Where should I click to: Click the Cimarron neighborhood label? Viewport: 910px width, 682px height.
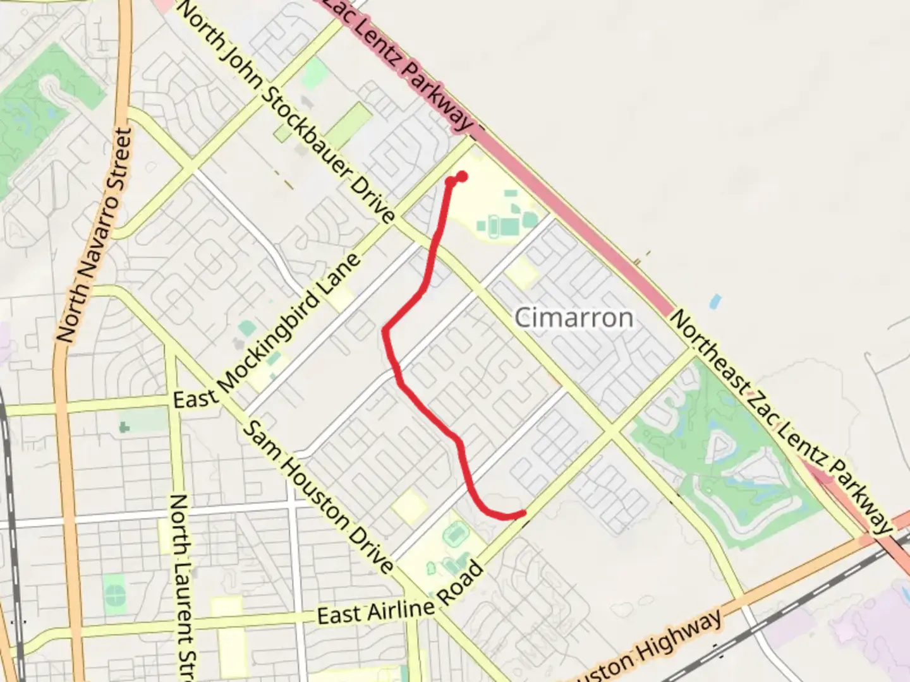[x=574, y=317]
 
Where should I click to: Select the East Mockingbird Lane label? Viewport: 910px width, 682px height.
[x=268, y=331]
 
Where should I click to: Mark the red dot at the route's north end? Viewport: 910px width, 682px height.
[x=462, y=176]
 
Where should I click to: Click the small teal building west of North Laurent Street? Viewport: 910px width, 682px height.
[x=124, y=427]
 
